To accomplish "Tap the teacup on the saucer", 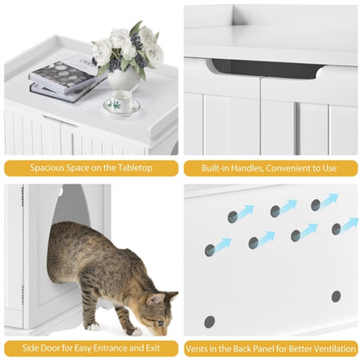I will point(120,105).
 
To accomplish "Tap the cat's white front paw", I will point(134,331).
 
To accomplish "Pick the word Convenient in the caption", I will point(289,167).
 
